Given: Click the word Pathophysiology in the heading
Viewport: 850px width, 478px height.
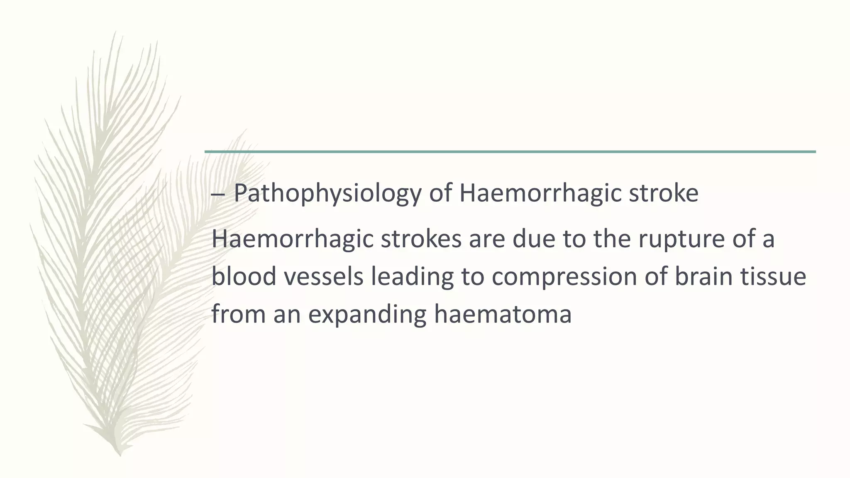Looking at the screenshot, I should [327, 193].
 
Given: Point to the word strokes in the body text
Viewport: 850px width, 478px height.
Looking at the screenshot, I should [420, 239].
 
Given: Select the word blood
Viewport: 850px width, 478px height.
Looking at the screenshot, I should [244, 277].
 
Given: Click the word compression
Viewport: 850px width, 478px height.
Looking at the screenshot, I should [564, 277].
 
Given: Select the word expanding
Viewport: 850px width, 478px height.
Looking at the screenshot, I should [367, 314].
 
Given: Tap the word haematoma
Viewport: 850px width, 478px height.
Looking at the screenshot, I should [503, 314].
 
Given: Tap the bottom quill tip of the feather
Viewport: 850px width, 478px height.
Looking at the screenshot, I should [120, 454].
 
